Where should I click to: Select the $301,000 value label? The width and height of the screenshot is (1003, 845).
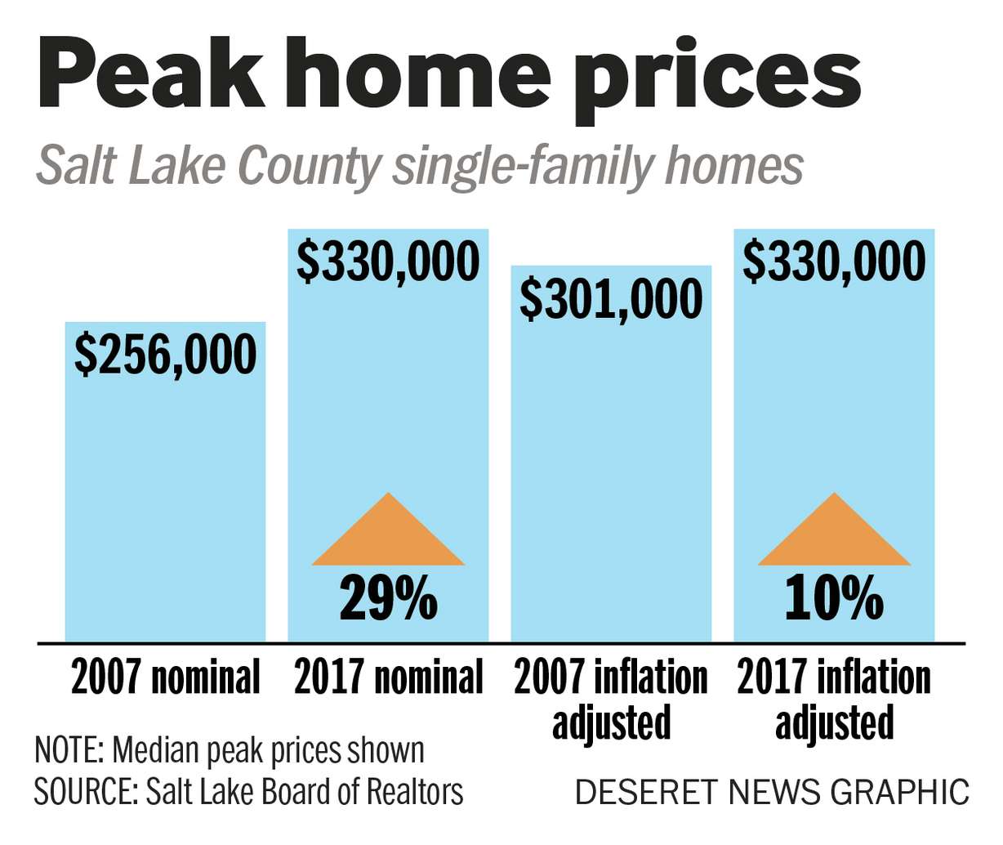coord(611,298)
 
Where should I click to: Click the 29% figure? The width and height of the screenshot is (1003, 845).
coord(389,599)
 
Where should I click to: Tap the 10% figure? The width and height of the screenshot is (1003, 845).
coord(834,599)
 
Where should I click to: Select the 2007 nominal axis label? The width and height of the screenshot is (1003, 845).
coord(165,678)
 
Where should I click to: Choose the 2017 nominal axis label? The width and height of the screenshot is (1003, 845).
coord(388,678)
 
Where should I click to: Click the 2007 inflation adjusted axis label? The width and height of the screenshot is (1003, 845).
coord(611,700)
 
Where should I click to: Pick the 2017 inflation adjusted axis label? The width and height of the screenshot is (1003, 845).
coord(834,700)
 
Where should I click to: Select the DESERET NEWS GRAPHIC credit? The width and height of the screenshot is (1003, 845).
coord(772,792)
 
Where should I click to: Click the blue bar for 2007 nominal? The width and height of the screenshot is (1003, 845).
coord(165,507)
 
